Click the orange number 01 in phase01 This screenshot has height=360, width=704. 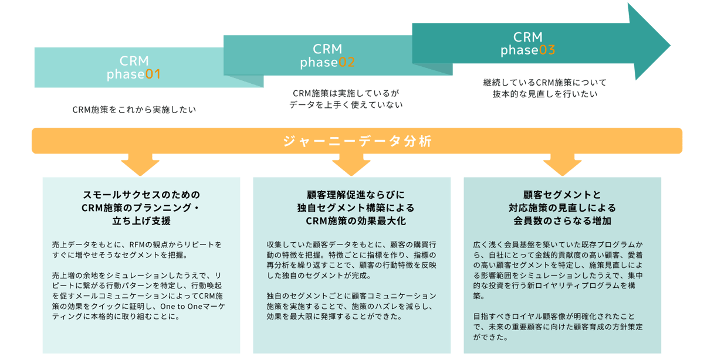tap(153, 75)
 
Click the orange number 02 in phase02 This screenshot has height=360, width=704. tap(347, 63)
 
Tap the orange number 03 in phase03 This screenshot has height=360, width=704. tap(547, 50)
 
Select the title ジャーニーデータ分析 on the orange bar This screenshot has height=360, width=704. tap(357, 141)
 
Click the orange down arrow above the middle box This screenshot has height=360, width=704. tap(351, 165)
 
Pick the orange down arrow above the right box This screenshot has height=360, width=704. tap(562, 165)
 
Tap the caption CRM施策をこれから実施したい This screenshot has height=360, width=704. tap(134, 110)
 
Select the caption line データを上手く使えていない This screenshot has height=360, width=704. tap(346, 104)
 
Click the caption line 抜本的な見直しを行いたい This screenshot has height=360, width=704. tap(544, 94)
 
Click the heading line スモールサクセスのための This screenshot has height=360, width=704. tap(141, 195)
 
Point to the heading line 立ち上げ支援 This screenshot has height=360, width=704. tap(141, 221)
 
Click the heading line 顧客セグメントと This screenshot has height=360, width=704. tap(562, 195)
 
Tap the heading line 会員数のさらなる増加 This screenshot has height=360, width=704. tap(562, 221)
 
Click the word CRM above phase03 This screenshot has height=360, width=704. tap(528, 38)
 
